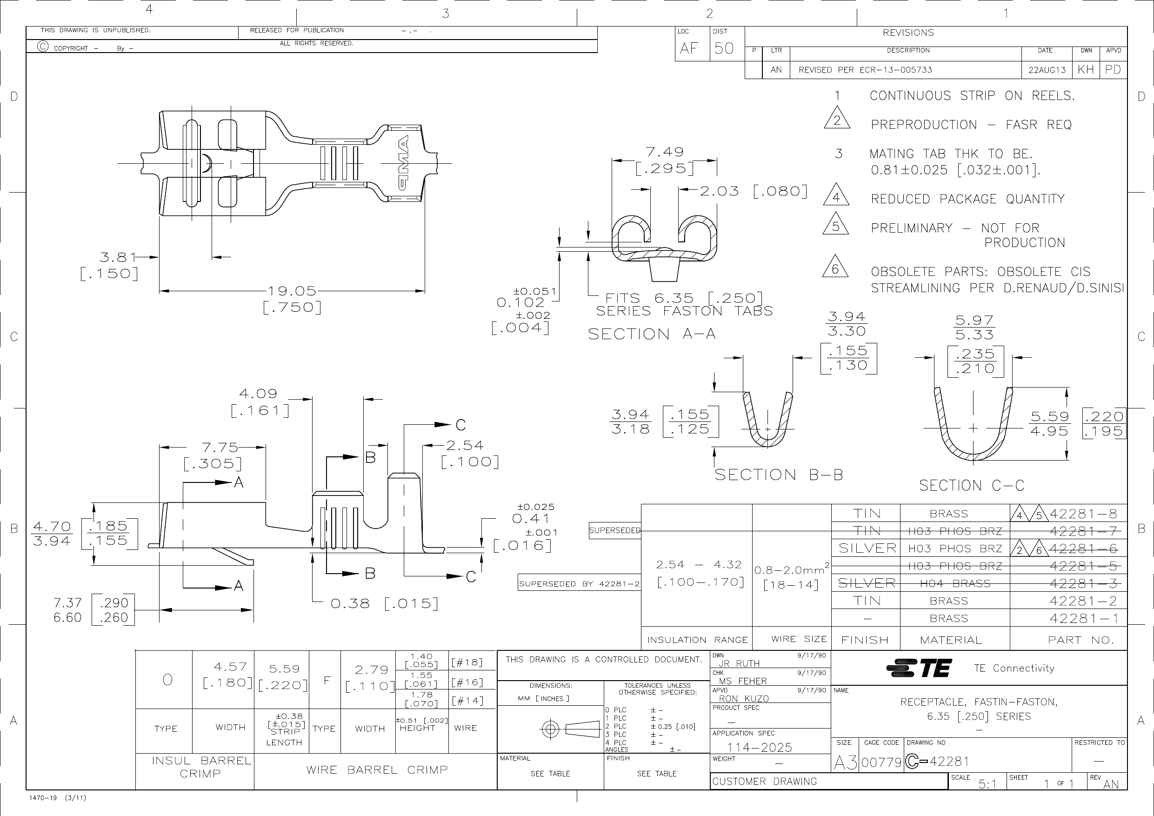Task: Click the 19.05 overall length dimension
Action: point(292,291)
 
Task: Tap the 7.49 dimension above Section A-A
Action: point(665,152)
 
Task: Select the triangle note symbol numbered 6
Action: point(835,268)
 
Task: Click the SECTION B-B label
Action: point(779,475)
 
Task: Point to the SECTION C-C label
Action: point(971,486)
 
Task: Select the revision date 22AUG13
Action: point(1047,70)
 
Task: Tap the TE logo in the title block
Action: point(919,668)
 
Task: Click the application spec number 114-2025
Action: point(760,748)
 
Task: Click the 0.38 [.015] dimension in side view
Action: point(385,603)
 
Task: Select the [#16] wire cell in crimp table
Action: point(467,682)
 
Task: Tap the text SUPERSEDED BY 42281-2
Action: point(579,584)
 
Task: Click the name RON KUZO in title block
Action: point(743,698)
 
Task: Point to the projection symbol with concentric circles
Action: point(551,729)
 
